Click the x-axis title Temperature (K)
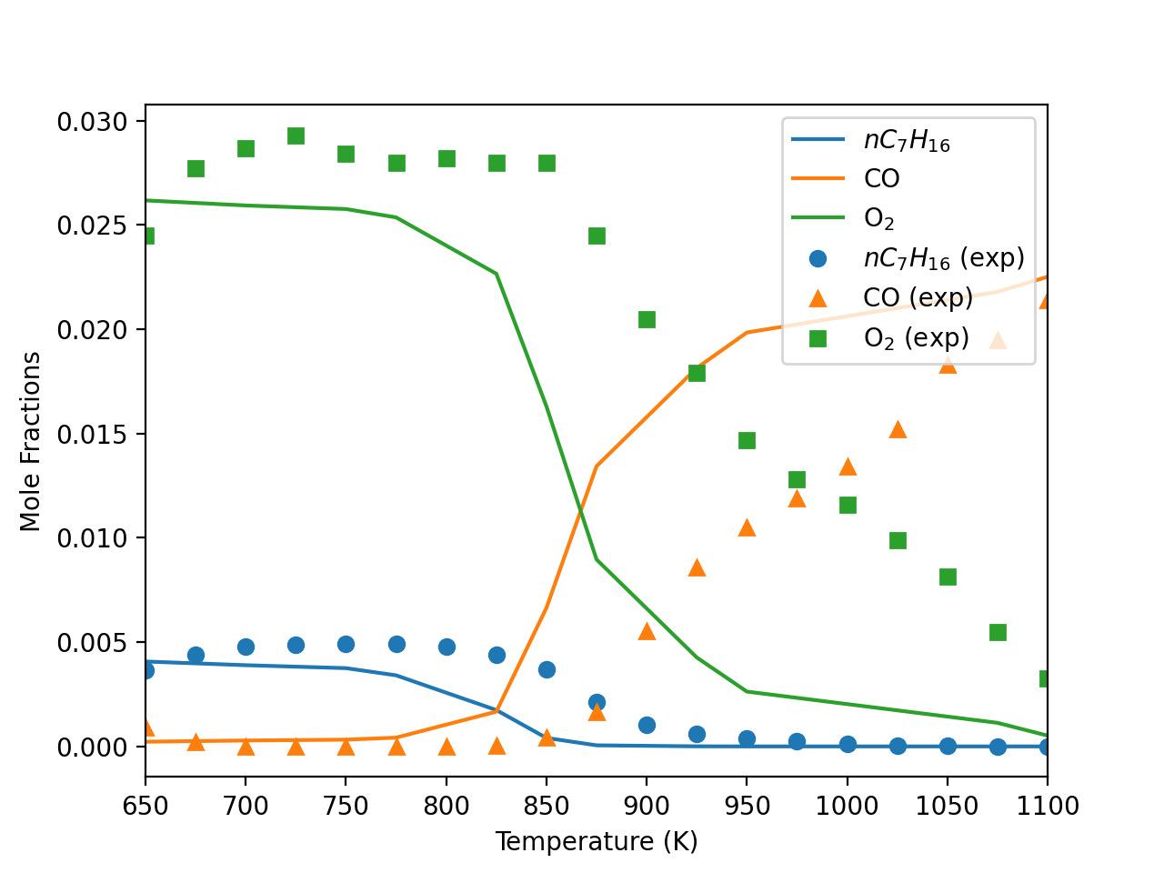pyautogui.click(x=596, y=841)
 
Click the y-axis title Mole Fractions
pyautogui.click(x=31, y=441)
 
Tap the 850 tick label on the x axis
pyautogui.click(x=546, y=806)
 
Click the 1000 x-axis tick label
pyautogui.click(x=847, y=806)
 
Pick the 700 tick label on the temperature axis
pyautogui.click(x=246, y=806)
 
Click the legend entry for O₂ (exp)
pyautogui.click(x=915, y=338)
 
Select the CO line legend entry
pyautogui.click(x=881, y=179)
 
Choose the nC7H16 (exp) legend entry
pyautogui.click(x=943, y=258)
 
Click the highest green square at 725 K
pyautogui.click(x=296, y=135)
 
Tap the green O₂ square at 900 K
pyautogui.click(x=647, y=319)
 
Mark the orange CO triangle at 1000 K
pyautogui.click(x=848, y=467)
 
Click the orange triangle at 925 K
pyautogui.click(x=697, y=567)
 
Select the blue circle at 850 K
pyautogui.click(x=547, y=669)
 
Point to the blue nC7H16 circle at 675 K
pyautogui.click(x=196, y=655)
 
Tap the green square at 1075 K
pyautogui.click(x=998, y=632)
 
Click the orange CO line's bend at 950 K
pyautogui.click(x=747, y=332)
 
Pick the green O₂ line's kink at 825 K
pyautogui.click(x=497, y=273)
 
